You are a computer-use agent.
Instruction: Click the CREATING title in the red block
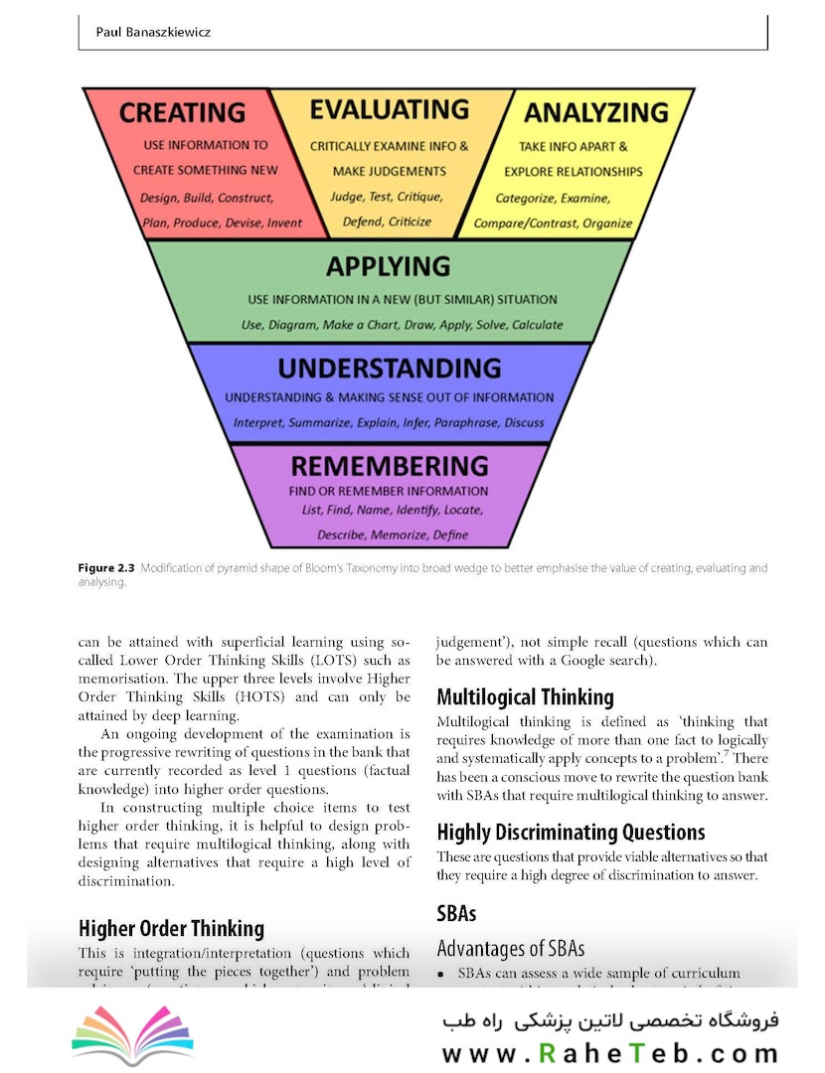point(182,112)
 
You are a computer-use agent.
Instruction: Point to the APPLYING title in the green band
point(388,266)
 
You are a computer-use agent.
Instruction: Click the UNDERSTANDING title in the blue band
point(389,369)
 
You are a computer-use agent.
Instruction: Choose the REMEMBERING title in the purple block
point(389,466)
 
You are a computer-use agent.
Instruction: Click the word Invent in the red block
point(285,223)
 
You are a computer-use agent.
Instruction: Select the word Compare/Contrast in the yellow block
point(525,224)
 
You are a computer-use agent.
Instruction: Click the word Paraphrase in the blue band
point(467,422)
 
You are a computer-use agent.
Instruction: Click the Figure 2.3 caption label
point(106,568)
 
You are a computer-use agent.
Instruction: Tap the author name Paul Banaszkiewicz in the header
point(153,33)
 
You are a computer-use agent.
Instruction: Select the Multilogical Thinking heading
point(525,696)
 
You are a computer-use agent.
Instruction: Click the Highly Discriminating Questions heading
point(571,832)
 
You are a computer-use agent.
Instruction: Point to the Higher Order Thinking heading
point(171,928)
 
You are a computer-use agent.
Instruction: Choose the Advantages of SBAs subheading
point(510,948)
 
